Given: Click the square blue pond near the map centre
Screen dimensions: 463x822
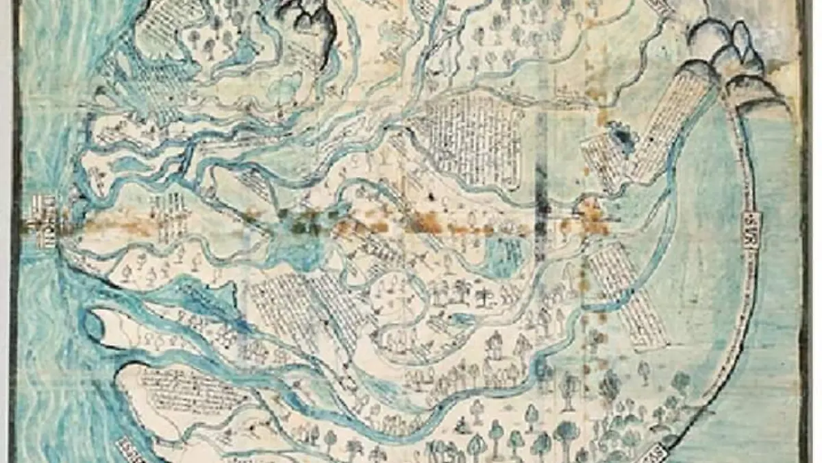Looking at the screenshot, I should click(x=503, y=257).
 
